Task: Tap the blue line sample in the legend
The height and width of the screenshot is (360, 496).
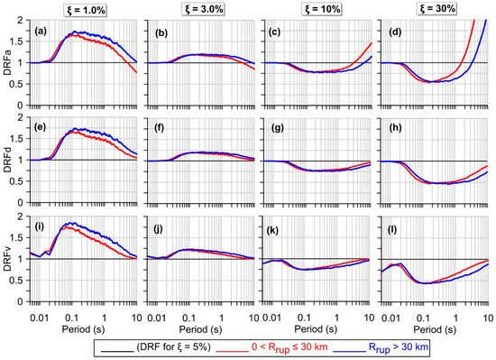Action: pos(395,346)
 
